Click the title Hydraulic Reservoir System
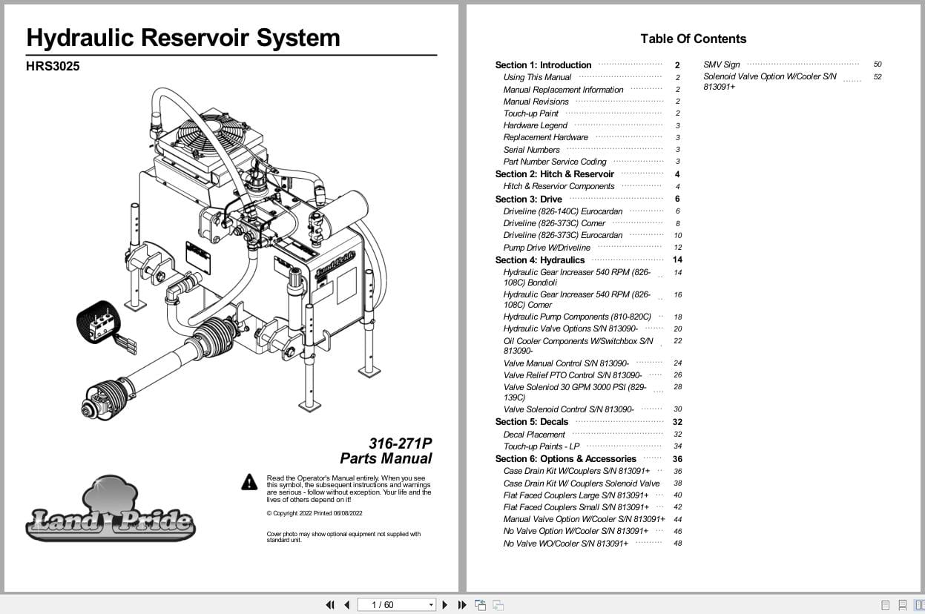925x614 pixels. (x=183, y=38)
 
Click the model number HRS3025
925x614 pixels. (x=53, y=66)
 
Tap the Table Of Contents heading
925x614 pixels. (x=693, y=39)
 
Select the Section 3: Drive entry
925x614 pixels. (x=529, y=199)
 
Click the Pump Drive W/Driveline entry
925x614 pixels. (x=547, y=248)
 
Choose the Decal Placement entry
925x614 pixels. (x=534, y=435)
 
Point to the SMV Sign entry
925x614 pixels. (x=721, y=65)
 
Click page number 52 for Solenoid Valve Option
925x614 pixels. (x=878, y=77)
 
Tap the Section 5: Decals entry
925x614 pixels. (x=531, y=422)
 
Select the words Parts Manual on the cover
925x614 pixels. (x=386, y=458)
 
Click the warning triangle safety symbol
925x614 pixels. (x=249, y=483)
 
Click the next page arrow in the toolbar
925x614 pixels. (x=445, y=605)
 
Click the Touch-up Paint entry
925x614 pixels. (x=531, y=113)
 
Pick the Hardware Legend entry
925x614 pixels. (x=535, y=125)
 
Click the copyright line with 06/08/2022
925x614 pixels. (x=315, y=513)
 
